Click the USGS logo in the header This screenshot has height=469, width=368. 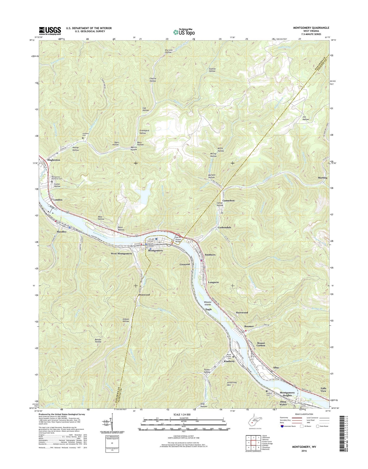point(50,31)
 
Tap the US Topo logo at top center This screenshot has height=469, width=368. point(184,32)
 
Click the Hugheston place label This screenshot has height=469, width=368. point(54,160)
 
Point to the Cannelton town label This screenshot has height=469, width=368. point(228,201)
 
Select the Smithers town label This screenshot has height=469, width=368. point(210,255)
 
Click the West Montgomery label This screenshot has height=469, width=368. point(121,254)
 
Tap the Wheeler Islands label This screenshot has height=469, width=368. point(208,303)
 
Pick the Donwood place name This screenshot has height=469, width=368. point(144,295)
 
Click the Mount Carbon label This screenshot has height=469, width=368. point(261,344)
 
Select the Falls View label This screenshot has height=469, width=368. point(323,390)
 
